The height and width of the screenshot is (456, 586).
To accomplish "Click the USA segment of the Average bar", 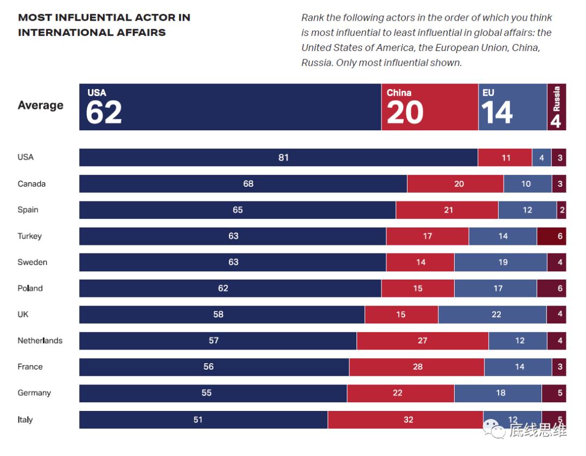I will pos(230,107).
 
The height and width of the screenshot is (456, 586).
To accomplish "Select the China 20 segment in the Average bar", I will pos(429,107).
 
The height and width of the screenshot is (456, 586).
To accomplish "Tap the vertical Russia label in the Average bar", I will pos(556,99).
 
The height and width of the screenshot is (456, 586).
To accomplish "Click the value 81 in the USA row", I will pos(283,157).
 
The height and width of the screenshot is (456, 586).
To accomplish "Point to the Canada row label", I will pos(31,183).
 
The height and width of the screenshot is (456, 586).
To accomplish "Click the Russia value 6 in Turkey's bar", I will pos(560,236).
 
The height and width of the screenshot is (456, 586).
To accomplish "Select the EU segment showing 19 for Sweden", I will pos(502,262).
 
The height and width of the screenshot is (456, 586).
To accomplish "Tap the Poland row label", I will pos(30,288).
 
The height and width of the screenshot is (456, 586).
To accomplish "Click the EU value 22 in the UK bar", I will pos(496,314).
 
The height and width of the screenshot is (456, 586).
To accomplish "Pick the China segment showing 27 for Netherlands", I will pos(422,340).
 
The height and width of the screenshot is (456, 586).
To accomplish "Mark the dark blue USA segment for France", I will pos(214,367).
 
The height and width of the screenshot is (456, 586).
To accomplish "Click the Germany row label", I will pos(34,392).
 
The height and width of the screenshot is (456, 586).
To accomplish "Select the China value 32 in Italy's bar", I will pos(408,420).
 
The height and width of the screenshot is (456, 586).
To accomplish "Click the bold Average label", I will pos(40,105).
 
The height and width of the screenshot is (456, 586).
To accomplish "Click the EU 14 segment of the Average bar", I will pos(512,107).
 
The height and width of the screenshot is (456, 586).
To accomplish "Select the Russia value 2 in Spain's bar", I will pos(561,210).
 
